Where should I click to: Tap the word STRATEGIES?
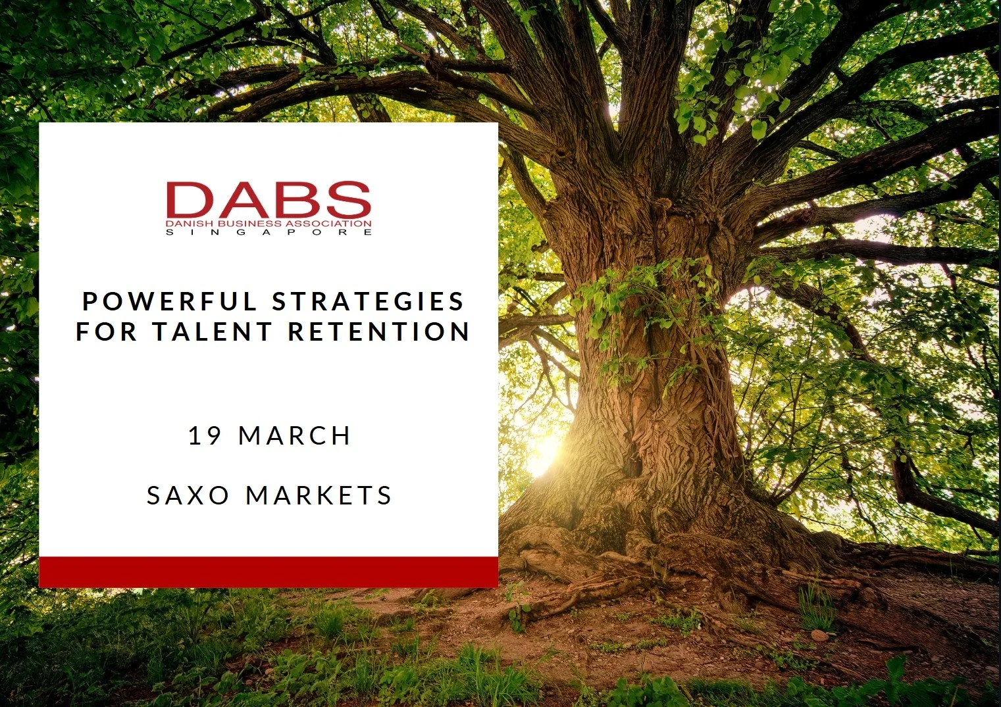pyautogui.click(x=369, y=301)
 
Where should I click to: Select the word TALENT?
pyautogui.click(x=212, y=331)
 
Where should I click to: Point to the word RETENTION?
pyautogui.click(x=379, y=331)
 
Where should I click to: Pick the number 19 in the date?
pyautogui.click(x=205, y=435)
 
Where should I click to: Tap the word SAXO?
pyautogui.click(x=188, y=495)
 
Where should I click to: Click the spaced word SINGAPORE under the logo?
pyautogui.click(x=269, y=232)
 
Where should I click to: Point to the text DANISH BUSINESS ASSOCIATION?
pyautogui.click(x=269, y=224)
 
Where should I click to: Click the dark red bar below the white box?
pyautogui.click(x=269, y=572)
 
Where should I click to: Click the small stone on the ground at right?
pyautogui.click(x=819, y=635)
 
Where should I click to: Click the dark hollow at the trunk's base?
pyautogui.click(x=633, y=460)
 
